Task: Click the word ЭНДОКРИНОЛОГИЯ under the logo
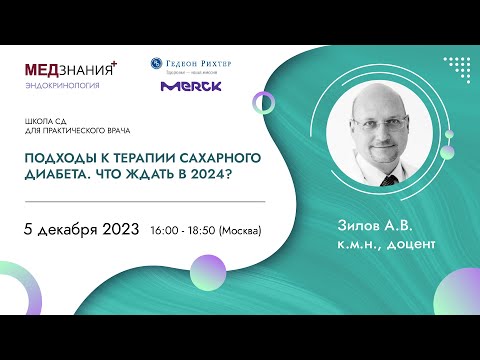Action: [58, 86]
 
